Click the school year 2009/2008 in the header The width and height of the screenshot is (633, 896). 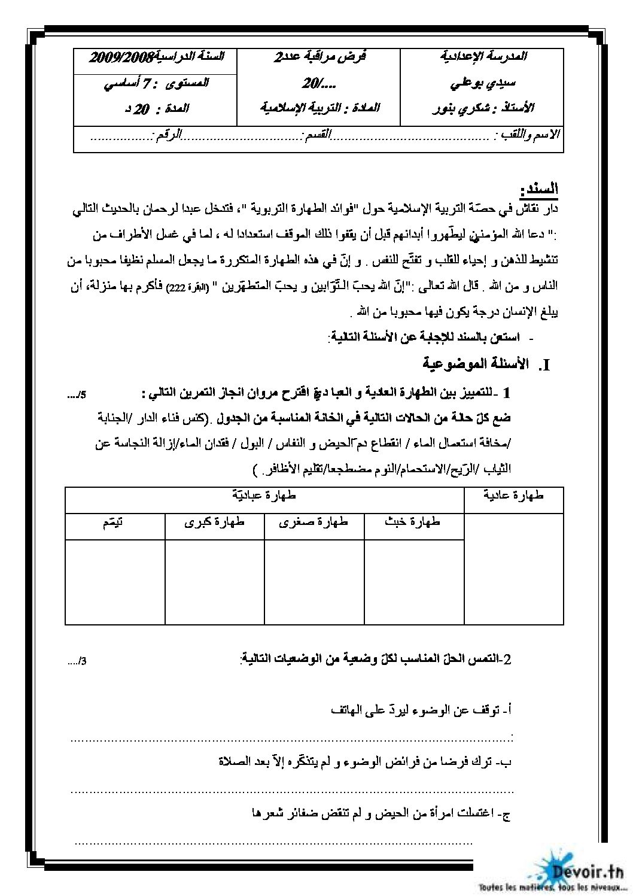click(x=122, y=57)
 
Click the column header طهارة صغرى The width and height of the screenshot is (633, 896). click(x=314, y=522)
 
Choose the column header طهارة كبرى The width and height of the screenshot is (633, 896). click(x=215, y=522)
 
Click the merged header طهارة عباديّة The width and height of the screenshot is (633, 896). click(x=264, y=496)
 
